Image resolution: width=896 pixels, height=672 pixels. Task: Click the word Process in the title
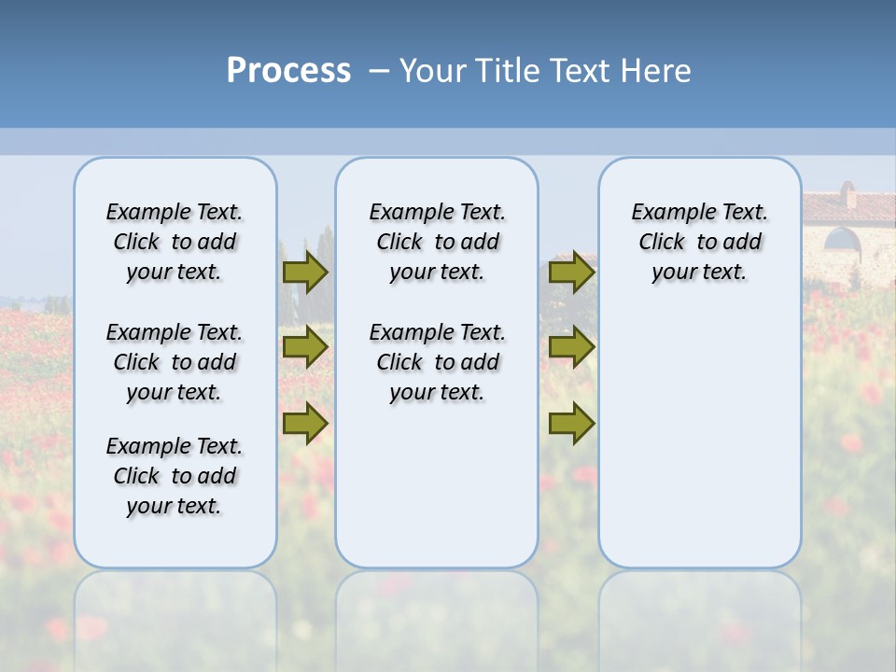point(288,71)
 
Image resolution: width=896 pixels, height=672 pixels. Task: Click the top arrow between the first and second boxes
point(305,272)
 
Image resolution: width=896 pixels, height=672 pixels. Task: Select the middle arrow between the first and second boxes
point(305,347)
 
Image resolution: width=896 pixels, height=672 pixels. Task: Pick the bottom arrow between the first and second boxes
point(305,424)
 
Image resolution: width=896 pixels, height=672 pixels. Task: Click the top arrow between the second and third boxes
point(571,272)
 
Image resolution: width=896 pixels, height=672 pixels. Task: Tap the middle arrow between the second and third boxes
point(571,347)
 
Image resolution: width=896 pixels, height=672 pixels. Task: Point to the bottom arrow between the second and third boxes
point(571,424)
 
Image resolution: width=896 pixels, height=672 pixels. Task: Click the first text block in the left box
point(175,242)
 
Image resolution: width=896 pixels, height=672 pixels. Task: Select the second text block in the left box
point(175,362)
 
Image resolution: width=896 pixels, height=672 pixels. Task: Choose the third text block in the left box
point(175,476)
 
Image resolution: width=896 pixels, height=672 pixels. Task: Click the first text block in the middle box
point(437,242)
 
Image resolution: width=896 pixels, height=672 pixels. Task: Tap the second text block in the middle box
point(437,362)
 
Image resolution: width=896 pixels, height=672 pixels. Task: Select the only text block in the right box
point(699,242)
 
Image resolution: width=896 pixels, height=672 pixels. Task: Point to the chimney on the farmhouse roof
point(847,194)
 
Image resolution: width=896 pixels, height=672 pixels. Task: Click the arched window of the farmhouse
point(842,241)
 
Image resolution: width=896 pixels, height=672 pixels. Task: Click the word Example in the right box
point(666,213)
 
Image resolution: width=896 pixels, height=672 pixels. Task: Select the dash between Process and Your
point(379,71)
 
